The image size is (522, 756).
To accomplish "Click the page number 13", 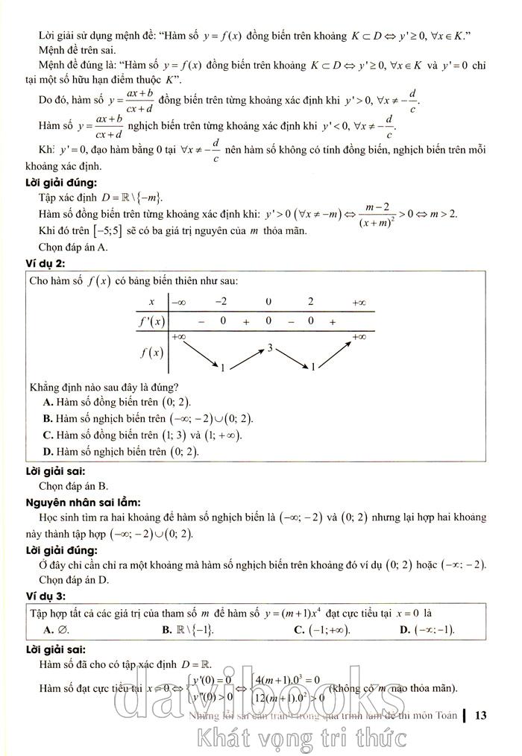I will (x=479, y=716).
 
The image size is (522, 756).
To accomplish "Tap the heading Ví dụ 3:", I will (x=46, y=595).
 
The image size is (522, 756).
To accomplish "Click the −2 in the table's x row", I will (x=221, y=301).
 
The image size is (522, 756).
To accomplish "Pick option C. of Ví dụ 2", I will (x=142, y=435).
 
